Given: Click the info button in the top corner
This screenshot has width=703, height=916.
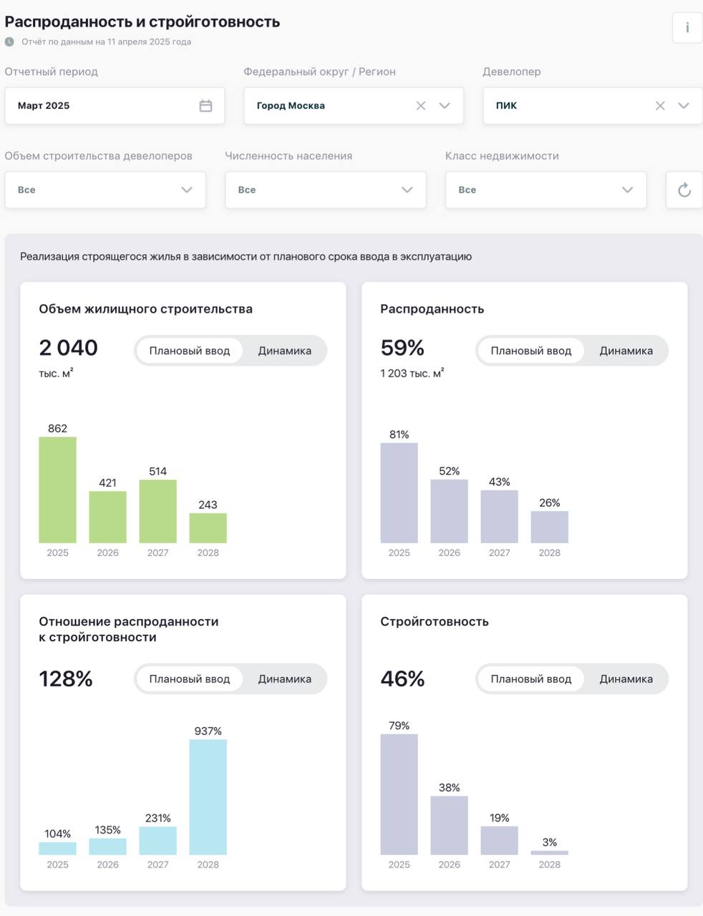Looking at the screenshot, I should click(687, 28).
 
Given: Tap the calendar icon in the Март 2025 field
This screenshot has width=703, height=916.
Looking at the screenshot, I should click(205, 106).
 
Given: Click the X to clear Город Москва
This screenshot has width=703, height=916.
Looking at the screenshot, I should click(421, 106).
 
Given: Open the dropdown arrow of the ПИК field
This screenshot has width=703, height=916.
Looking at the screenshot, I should click(684, 106).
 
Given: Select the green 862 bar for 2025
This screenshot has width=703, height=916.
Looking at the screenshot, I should click(57, 489).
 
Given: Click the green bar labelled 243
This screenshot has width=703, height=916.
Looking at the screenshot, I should click(208, 528).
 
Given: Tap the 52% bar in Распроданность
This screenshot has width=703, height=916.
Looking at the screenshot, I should click(449, 511).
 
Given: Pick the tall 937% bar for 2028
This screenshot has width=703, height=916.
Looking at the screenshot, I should click(208, 796).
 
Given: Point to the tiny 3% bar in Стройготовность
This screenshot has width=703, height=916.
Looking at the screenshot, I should click(549, 852).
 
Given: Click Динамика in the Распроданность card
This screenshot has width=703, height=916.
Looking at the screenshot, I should click(626, 351).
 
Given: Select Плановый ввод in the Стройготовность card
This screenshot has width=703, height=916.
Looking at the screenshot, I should click(530, 679).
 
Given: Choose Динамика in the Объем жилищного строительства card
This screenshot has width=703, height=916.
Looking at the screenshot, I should click(284, 351).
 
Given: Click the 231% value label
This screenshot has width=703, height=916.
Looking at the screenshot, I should click(157, 818).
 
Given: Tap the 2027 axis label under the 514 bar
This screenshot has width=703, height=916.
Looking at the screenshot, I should click(157, 552).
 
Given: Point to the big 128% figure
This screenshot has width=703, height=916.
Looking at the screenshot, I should click(66, 678).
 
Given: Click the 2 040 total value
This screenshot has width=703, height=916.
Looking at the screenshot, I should click(68, 348).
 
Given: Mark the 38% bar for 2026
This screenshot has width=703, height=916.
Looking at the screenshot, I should click(449, 825).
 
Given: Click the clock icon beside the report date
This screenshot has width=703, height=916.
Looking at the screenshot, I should click(9, 42).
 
